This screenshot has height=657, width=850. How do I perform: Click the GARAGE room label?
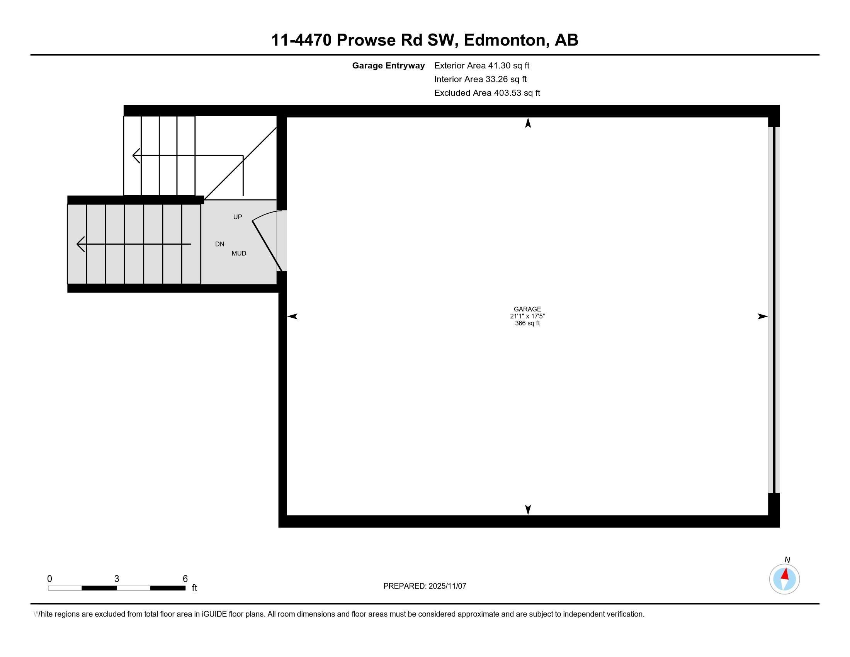click(x=527, y=309)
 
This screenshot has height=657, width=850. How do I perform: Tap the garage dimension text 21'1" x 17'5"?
click(x=527, y=316)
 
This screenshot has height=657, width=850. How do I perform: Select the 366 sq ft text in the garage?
click(x=527, y=323)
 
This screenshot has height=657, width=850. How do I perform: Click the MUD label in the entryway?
click(x=238, y=254)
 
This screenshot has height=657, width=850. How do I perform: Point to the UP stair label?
click(x=237, y=217)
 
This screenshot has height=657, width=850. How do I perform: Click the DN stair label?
click(x=219, y=244)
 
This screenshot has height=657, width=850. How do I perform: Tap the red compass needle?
click(x=785, y=574)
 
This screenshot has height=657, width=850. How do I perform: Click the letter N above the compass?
click(x=787, y=560)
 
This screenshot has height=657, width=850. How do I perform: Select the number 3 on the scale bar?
click(x=116, y=579)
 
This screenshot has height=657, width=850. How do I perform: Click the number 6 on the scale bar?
click(x=185, y=579)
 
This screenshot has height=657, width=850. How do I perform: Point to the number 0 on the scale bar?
click(x=49, y=579)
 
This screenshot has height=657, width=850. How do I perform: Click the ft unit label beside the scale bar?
click(x=194, y=588)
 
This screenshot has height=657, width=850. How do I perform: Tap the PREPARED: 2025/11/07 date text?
click(x=425, y=586)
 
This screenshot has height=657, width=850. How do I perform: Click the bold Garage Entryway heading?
click(x=388, y=66)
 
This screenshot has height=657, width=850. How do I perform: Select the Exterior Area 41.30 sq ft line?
click(x=481, y=66)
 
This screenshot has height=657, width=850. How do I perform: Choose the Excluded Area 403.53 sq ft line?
click(x=487, y=93)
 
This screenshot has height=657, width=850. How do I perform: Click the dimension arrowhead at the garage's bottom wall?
click(x=528, y=510)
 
